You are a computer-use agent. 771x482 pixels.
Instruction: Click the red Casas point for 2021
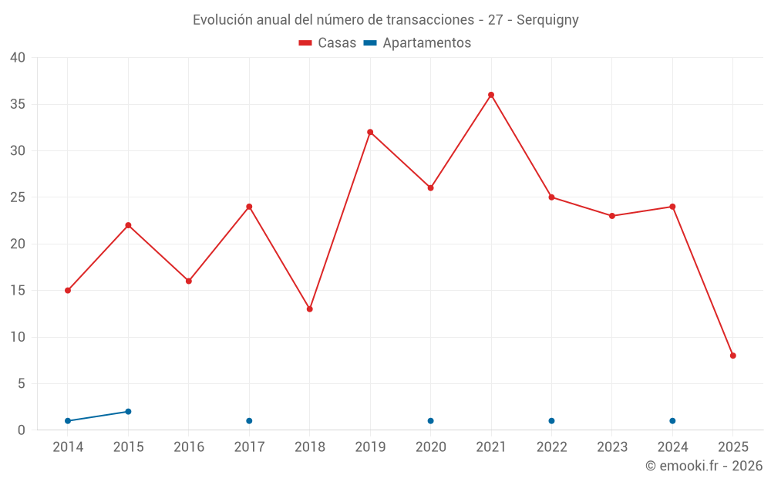[x=491, y=95]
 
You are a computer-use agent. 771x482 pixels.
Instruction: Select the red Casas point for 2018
[x=310, y=309]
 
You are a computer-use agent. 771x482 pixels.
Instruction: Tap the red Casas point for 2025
[x=733, y=356]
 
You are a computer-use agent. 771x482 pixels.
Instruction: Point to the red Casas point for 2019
[x=370, y=132]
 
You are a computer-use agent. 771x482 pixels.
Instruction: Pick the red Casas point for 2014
[x=68, y=291]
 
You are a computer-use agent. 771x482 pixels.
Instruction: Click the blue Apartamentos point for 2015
[x=128, y=412]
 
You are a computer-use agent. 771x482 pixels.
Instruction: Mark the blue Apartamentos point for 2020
[x=430, y=421]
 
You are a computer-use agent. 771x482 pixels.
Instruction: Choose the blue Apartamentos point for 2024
[x=672, y=421]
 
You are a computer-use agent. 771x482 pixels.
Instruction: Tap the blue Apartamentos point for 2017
[x=249, y=421]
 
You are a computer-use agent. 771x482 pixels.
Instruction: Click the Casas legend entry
[x=328, y=43]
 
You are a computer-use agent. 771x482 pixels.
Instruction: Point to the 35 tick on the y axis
[x=18, y=104]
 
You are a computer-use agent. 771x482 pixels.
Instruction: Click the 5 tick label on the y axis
[x=22, y=384]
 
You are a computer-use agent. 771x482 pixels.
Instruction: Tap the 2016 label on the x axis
[x=189, y=447]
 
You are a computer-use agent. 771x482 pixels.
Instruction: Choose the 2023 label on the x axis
[x=612, y=447]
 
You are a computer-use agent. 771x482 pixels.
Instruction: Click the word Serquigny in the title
[x=547, y=20]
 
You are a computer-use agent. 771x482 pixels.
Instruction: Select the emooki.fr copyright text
[x=703, y=466]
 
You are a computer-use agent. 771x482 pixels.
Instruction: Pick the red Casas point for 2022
[x=551, y=197]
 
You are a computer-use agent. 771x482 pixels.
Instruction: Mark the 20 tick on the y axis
[x=18, y=244]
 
